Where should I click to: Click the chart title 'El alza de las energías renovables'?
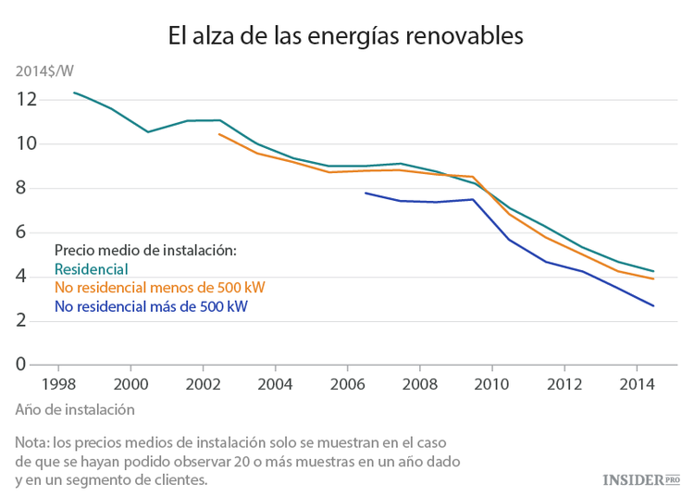click(346, 36)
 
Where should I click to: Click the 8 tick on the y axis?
click(31, 188)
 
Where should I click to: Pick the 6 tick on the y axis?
click(31, 232)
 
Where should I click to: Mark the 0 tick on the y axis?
click(31, 365)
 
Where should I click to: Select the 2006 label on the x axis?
click(347, 383)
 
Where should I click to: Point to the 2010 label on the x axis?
click(491, 383)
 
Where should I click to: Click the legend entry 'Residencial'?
click(91, 269)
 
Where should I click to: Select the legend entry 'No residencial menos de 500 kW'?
click(160, 288)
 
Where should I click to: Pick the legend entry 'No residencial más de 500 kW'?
click(152, 306)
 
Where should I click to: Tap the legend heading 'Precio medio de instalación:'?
click(146, 250)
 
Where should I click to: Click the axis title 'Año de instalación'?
click(76, 408)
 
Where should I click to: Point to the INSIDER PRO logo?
click(640, 479)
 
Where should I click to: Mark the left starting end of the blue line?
click(366, 193)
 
